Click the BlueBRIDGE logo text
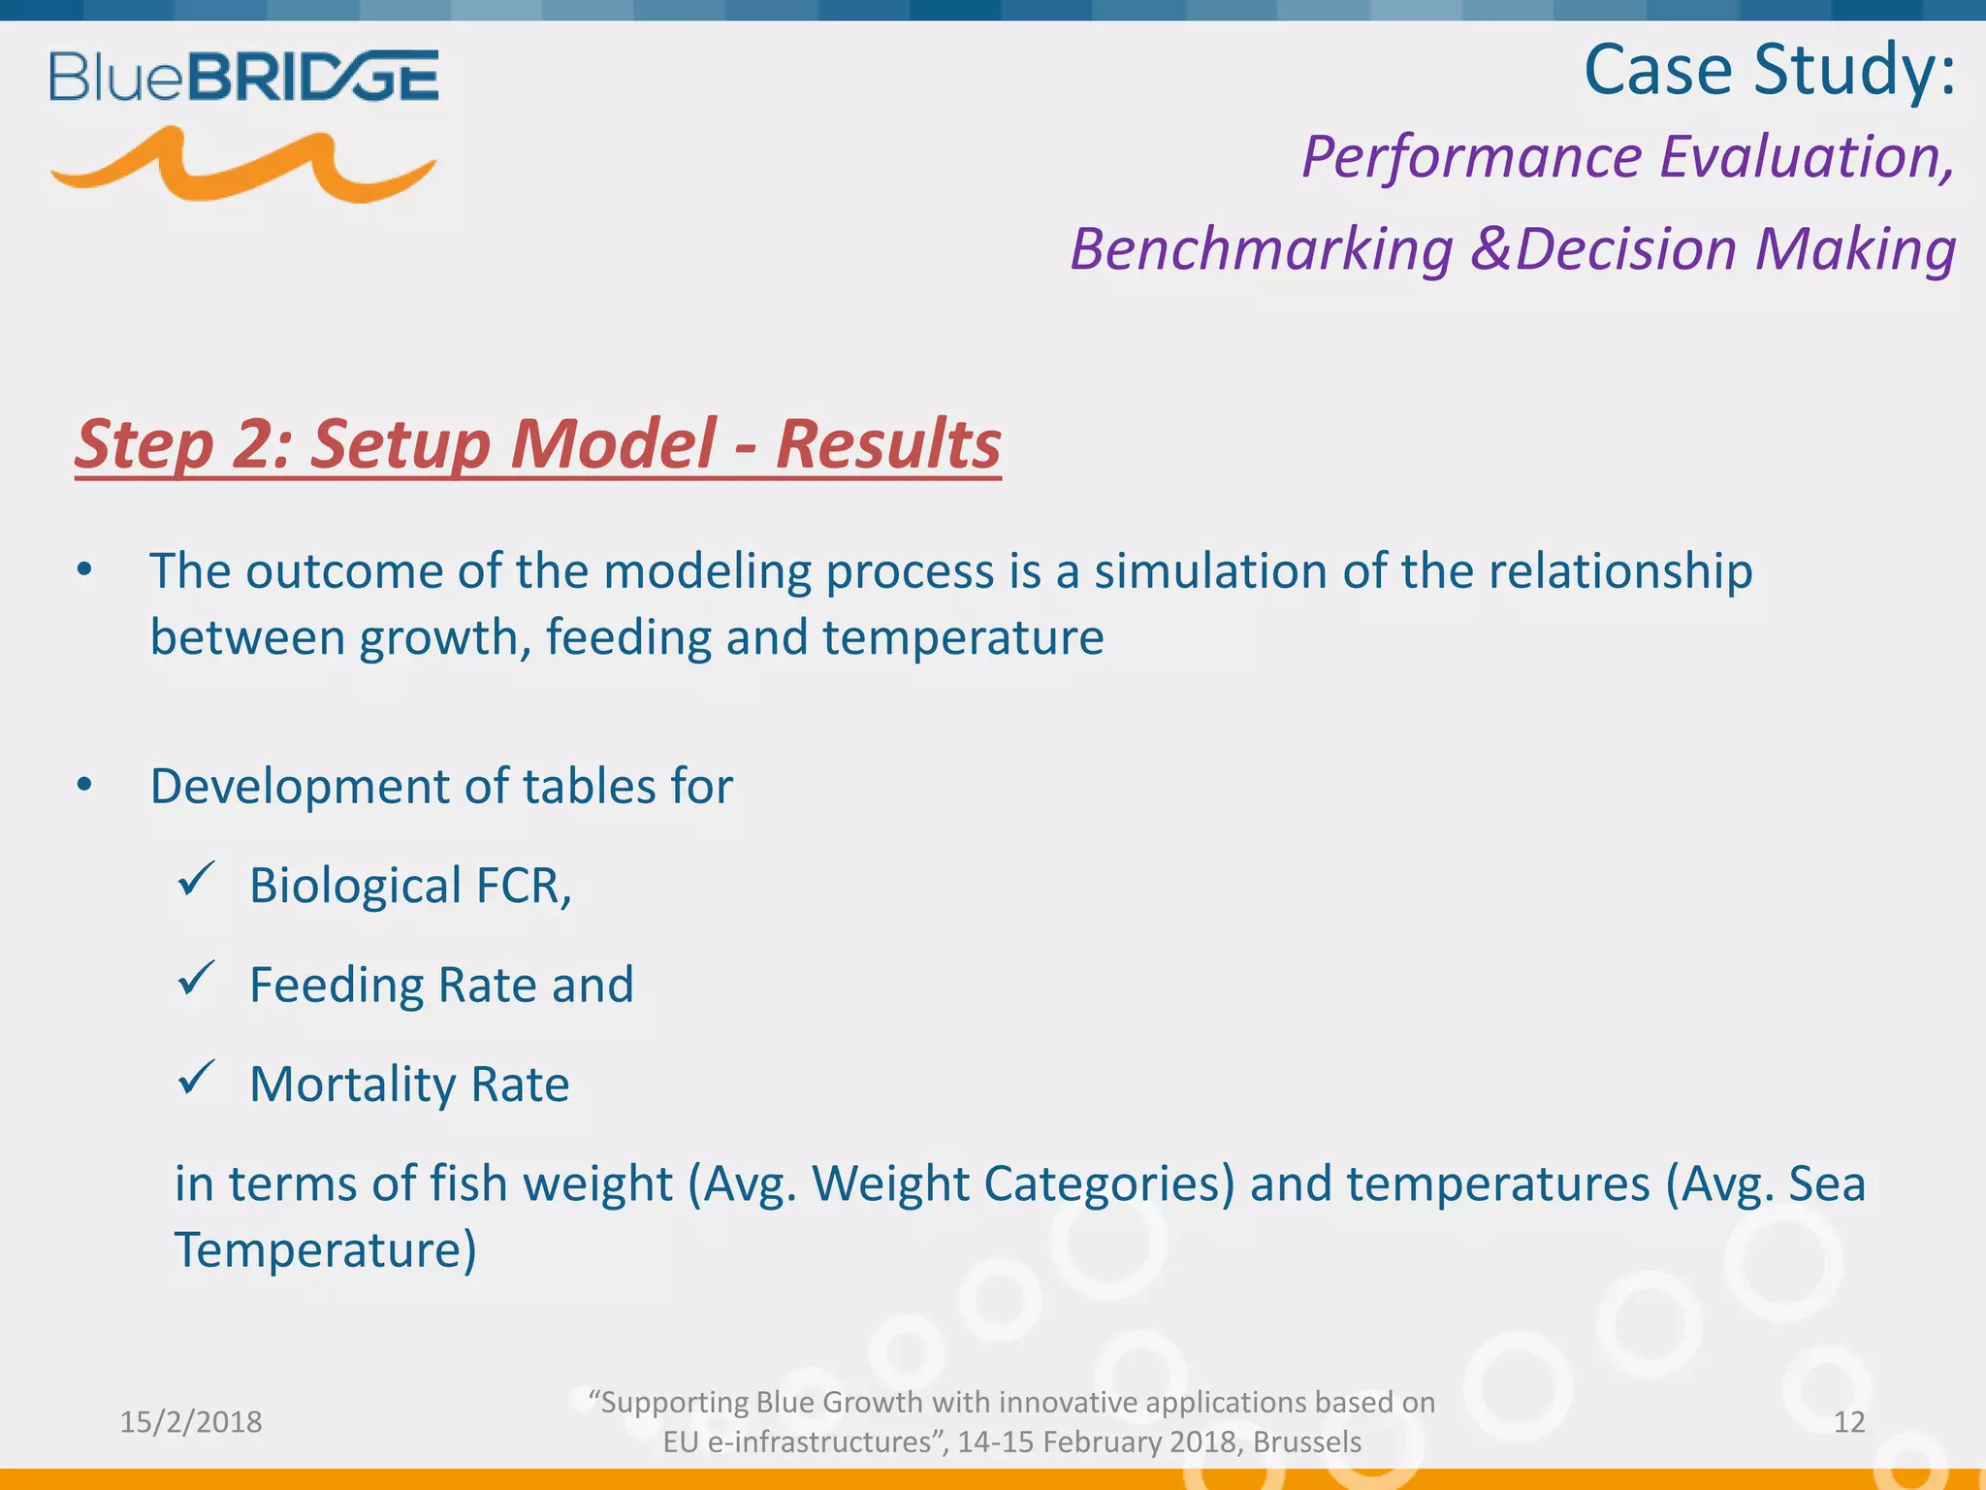(243, 78)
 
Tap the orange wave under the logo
(242, 167)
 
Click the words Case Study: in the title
(1769, 70)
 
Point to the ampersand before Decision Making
(1490, 248)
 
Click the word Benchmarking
(1261, 250)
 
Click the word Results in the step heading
(887, 444)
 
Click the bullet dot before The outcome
(85, 570)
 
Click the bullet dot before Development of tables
(85, 785)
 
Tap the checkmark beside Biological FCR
(196, 880)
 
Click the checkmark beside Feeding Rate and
(196, 979)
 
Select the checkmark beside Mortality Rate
(196, 1078)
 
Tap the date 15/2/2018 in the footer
(191, 1422)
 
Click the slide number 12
(1849, 1422)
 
